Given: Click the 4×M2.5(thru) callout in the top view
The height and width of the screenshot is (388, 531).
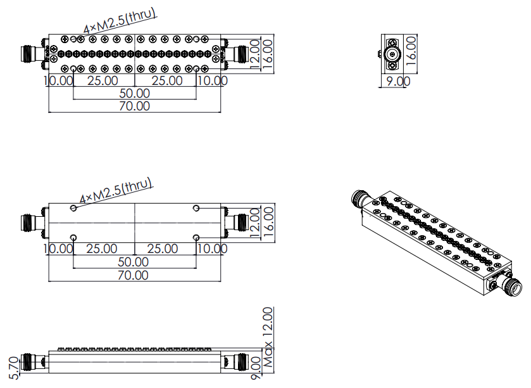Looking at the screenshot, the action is tap(120, 20).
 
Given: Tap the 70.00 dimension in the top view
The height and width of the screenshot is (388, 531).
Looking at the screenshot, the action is tap(134, 106).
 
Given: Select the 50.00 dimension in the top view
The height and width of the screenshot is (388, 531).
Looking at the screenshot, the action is tap(134, 93).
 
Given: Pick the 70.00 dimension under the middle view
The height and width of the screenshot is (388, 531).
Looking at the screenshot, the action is tap(133, 275).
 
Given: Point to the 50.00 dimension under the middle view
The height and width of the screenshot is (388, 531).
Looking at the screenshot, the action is tap(133, 262).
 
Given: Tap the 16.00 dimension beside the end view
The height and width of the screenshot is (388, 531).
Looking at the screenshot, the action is tap(411, 51).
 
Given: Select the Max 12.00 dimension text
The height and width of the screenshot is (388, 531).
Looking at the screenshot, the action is tap(268, 337).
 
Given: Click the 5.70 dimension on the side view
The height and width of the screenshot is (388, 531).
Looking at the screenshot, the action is tap(13, 368).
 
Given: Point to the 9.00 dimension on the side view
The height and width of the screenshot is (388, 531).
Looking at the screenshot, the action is tap(256, 368).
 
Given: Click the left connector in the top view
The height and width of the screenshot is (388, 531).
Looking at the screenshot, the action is tap(32, 55).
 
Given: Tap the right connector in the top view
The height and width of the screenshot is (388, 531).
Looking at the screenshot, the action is tap(237, 55).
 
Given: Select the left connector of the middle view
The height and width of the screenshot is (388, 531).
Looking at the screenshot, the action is tap(32, 223).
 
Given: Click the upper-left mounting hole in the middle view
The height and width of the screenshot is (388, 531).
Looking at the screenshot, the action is tap(73, 208).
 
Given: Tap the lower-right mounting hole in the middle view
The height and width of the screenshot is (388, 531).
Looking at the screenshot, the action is tap(196, 237).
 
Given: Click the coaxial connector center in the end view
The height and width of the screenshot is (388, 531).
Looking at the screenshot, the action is tap(393, 54).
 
